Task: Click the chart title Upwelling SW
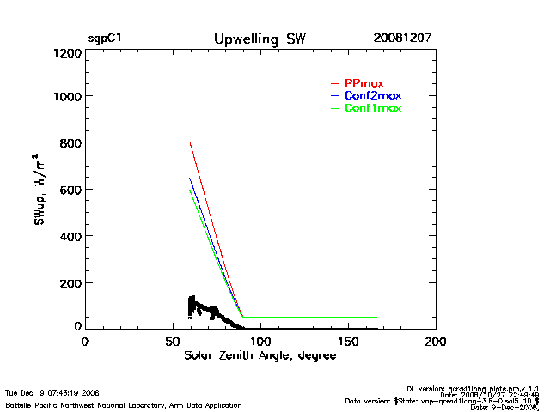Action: coord(260,39)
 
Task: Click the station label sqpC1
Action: coord(104,39)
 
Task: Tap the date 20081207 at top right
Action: coord(402,39)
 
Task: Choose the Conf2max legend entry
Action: coord(372,95)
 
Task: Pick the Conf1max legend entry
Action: coord(372,108)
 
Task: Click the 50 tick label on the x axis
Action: coord(172,342)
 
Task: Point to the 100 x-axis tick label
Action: coord(260,342)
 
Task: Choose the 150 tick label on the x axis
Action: coord(348,342)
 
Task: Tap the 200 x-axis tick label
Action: coord(436,342)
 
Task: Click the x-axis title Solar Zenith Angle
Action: coord(260,355)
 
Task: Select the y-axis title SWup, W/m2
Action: coord(40,191)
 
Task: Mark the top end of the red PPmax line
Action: coord(189,142)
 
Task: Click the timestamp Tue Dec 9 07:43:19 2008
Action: coord(52,393)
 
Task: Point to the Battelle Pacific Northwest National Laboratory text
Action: coord(123,404)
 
